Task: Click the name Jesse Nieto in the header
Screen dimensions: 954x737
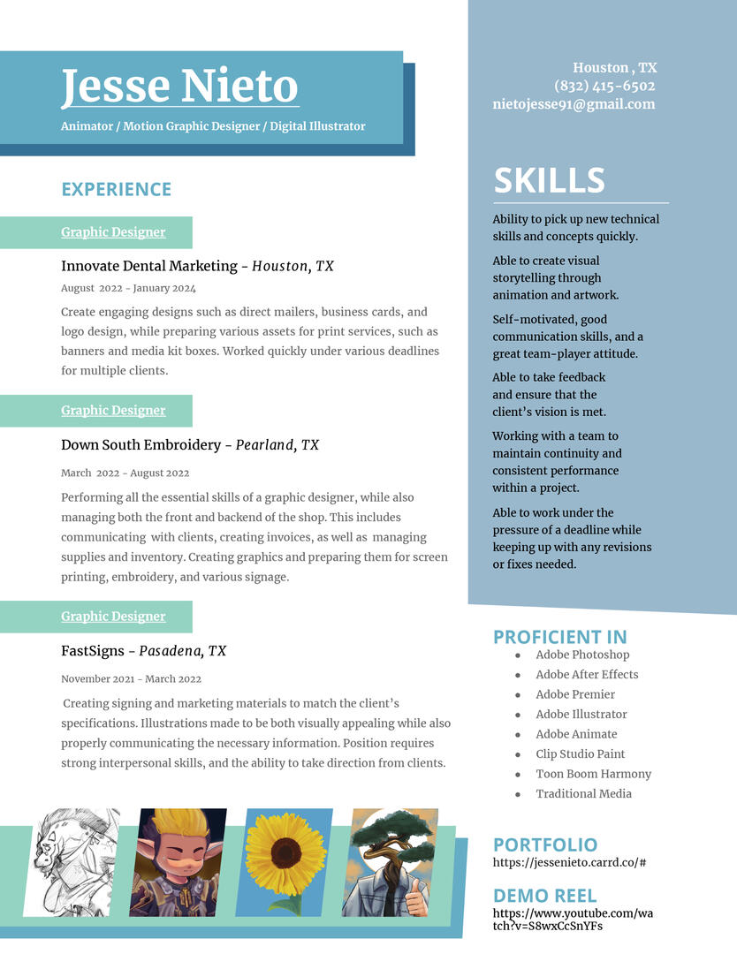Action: click(x=179, y=87)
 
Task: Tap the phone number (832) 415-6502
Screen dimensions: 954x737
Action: click(x=604, y=86)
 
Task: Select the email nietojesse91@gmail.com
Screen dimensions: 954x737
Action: click(x=574, y=104)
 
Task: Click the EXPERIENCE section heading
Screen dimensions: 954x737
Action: click(x=116, y=189)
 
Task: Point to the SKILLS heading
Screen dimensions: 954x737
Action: click(x=549, y=180)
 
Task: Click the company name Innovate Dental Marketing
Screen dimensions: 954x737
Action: click(x=149, y=266)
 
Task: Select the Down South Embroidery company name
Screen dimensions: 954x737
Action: click(x=141, y=445)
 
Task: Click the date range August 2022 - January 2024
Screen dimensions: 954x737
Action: click(x=128, y=288)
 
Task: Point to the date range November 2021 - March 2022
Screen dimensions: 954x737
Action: click(x=131, y=679)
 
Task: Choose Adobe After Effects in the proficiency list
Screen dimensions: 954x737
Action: click(x=586, y=675)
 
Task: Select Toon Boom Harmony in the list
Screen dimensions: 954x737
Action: click(x=593, y=774)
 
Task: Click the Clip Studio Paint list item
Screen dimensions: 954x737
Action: click(x=580, y=754)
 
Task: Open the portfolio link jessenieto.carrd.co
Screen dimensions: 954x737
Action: click(x=569, y=862)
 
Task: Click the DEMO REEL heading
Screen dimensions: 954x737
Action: click(x=544, y=895)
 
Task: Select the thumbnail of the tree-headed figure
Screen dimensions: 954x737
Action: click(x=390, y=861)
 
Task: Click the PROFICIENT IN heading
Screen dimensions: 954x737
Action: click(x=559, y=637)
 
